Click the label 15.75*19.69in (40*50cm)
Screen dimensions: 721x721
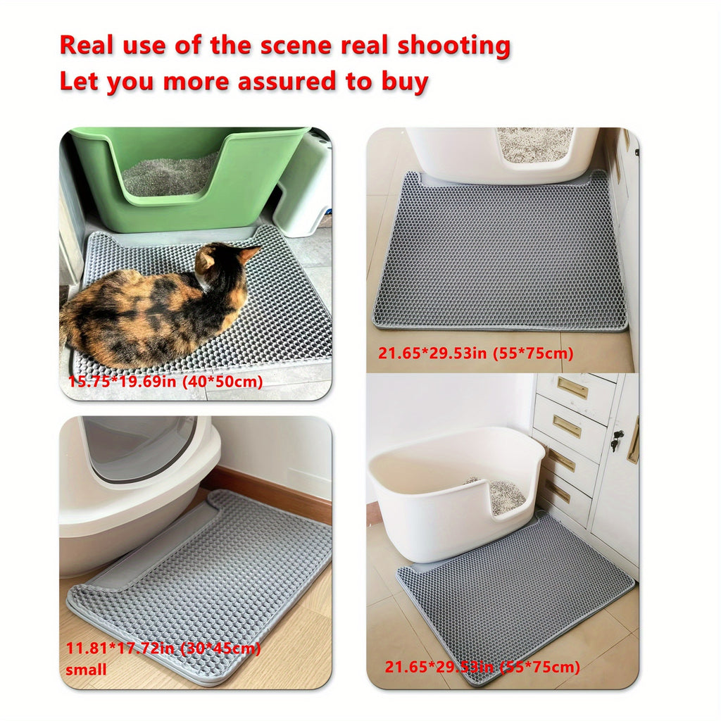(x=165, y=382)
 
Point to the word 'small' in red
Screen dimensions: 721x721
(x=87, y=670)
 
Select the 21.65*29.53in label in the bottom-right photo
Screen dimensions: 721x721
(x=482, y=667)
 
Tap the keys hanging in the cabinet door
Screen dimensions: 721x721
(x=617, y=441)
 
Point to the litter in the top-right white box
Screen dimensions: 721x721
(x=535, y=144)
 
